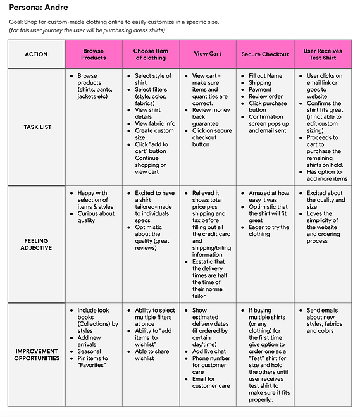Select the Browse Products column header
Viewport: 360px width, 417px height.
pos(94,54)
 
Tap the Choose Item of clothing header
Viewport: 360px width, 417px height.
pos(150,54)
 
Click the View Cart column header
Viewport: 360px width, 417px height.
pos(208,54)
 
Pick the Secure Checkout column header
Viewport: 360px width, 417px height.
pos(265,54)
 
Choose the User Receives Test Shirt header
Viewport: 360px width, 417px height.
pos(323,54)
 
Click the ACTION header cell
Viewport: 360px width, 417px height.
pos(36,54)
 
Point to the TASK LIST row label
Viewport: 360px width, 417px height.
pos(36,127)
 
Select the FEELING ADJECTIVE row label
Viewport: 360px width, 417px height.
pos(36,244)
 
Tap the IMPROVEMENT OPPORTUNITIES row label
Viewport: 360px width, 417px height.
pos(36,355)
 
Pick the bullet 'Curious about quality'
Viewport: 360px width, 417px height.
pos(96,217)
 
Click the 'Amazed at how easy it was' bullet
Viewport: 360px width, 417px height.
pos(268,196)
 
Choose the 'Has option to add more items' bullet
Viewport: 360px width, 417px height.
pos(326,175)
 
